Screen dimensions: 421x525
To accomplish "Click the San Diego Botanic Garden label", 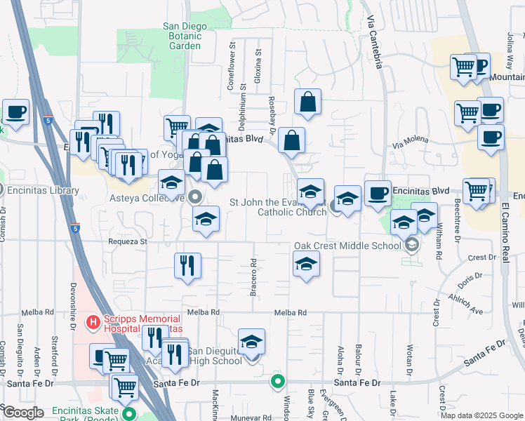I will click(x=185, y=36).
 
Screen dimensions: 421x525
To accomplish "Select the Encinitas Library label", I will click(x=44, y=190).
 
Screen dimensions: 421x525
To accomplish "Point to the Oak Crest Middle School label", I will click(x=347, y=245).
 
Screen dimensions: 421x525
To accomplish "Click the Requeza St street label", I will click(x=126, y=241).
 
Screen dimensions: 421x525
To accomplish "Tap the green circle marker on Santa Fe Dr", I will click(x=278, y=382).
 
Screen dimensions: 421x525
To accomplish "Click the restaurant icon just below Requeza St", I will click(x=187, y=265).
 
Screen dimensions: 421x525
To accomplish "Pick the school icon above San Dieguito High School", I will click(x=251, y=342).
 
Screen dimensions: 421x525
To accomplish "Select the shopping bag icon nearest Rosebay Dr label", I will click(x=291, y=140).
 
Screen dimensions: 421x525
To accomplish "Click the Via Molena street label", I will click(x=410, y=144).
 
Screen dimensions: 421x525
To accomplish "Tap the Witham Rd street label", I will click(x=439, y=246).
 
